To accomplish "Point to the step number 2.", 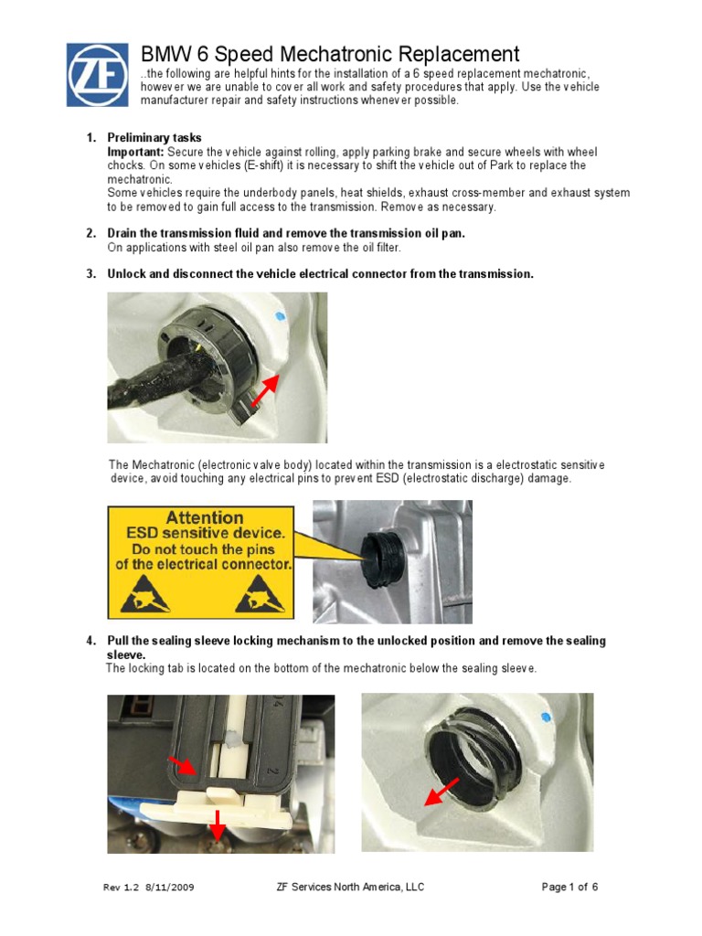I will (x=91, y=234).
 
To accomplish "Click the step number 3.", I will (x=91, y=274).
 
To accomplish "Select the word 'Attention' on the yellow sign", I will (x=204, y=517).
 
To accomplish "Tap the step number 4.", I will (x=91, y=641).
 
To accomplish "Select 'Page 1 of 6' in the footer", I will (x=569, y=887).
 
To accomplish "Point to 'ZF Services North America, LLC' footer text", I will (x=349, y=887).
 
